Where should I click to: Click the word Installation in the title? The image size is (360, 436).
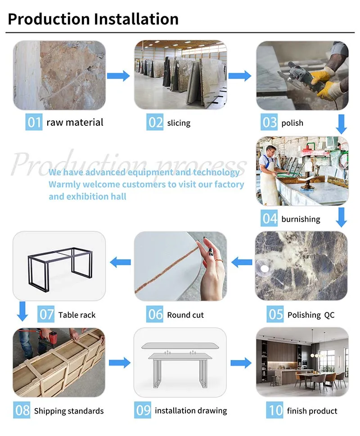(136, 19)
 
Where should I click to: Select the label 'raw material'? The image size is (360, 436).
(75, 122)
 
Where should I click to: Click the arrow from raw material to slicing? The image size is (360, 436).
(118, 75)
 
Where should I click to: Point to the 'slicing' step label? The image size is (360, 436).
(179, 123)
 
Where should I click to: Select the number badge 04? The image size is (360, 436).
(270, 219)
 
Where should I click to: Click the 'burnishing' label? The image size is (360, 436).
(301, 219)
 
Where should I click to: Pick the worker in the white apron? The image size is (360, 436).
(271, 173)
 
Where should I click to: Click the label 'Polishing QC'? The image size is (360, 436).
(311, 315)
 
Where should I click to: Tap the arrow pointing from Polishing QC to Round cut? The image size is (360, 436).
(241, 261)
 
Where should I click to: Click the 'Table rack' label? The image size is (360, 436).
(77, 315)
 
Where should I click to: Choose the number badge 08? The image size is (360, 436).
(22, 410)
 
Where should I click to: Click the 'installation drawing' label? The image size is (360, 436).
(191, 410)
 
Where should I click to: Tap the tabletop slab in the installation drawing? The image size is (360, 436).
(180, 345)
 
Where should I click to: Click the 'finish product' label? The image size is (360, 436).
(312, 410)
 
